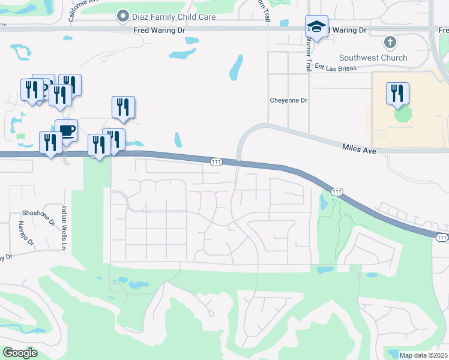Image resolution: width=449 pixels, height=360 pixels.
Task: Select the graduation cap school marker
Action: point(316,28)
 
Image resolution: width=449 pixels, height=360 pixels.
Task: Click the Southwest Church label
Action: point(373,58)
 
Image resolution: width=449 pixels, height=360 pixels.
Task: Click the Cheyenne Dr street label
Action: point(289,100)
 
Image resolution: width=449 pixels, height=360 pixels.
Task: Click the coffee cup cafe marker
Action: point(66,131)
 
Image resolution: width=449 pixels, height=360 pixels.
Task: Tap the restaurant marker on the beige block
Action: point(397,94)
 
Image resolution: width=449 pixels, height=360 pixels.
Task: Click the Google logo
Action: point(20,352)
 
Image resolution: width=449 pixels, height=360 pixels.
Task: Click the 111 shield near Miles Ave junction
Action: point(217,162)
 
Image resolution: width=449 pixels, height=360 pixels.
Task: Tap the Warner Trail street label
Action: point(309,55)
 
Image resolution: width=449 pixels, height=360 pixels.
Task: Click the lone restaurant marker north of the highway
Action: point(123,107)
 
